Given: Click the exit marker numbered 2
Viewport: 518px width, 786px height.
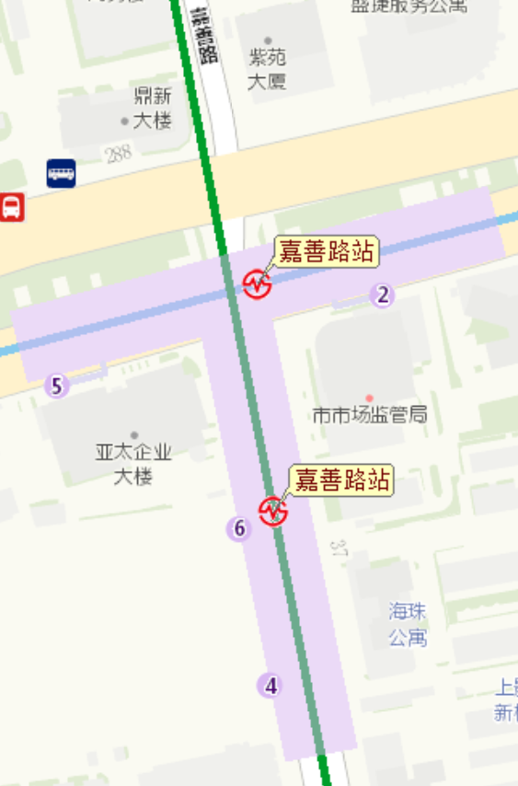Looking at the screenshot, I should click(383, 295).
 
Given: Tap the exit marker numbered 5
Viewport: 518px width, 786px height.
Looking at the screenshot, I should click(57, 386).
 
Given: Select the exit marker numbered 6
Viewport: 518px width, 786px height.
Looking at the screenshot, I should click(239, 528).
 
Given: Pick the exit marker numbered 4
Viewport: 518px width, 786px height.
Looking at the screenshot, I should click(270, 686).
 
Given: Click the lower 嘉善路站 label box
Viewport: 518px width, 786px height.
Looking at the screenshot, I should click(341, 480).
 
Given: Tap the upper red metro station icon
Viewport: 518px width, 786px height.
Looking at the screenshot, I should click(257, 283).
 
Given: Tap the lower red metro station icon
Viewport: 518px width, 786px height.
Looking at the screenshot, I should click(273, 511).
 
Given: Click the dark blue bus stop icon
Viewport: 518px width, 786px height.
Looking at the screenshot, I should click(62, 173).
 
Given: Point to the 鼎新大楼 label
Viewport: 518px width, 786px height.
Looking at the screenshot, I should click(153, 108).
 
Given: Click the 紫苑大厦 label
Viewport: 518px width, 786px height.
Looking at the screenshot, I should click(267, 69).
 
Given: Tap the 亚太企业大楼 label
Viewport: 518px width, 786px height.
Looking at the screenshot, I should click(133, 464).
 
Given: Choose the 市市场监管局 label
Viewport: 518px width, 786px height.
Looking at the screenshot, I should click(370, 415).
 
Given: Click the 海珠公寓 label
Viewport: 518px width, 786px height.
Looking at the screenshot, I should click(408, 624).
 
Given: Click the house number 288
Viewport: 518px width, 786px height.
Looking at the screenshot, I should click(119, 154).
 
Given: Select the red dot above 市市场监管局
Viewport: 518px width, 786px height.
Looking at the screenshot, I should click(370, 398).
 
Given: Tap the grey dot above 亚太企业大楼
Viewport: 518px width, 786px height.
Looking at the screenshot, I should click(134, 435).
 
